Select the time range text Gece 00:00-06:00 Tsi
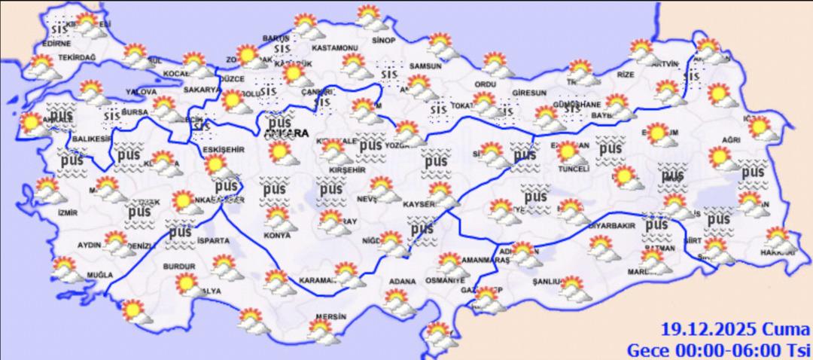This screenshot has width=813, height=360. click(719, 349)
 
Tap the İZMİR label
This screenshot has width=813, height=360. click(68, 213)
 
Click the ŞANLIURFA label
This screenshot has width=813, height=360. click(544, 282)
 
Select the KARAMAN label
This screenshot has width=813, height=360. click(317, 279)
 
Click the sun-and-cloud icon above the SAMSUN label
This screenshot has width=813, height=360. click(438, 45)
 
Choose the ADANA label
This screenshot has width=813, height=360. click(402, 282)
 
